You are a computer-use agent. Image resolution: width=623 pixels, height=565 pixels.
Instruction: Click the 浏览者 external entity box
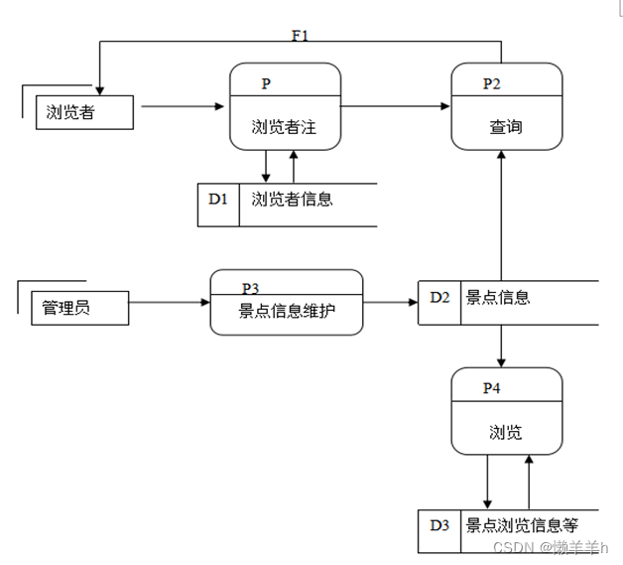[x=83, y=112]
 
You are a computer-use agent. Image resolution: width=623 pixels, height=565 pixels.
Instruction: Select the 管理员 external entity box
[x=79, y=308]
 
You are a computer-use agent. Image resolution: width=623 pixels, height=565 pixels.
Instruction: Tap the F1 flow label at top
[x=300, y=36]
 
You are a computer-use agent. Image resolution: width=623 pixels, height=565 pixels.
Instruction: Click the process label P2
[x=492, y=83]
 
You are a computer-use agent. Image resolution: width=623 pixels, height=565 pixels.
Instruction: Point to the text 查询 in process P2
[x=505, y=126]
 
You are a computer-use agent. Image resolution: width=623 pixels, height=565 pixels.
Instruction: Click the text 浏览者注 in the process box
[x=284, y=126]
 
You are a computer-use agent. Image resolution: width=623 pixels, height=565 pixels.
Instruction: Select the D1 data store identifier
[x=218, y=199]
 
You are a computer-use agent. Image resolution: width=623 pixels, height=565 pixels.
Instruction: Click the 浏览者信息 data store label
[x=292, y=199]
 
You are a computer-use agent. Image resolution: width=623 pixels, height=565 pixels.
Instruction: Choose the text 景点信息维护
[x=287, y=310]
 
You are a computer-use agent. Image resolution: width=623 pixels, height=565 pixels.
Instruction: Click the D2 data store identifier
[x=439, y=297]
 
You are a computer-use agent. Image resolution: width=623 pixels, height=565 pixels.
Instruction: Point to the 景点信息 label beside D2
[x=498, y=297]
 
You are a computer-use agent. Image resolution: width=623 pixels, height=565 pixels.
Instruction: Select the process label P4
[x=492, y=387]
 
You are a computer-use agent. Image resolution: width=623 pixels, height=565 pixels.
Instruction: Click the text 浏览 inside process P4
[x=505, y=432]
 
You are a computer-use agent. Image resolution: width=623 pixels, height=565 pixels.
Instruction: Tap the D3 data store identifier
[x=439, y=525]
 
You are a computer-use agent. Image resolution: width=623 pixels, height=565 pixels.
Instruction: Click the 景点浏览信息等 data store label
[x=522, y=525]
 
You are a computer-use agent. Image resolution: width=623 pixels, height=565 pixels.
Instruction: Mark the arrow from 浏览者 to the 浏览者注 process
[x=180, y=105]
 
